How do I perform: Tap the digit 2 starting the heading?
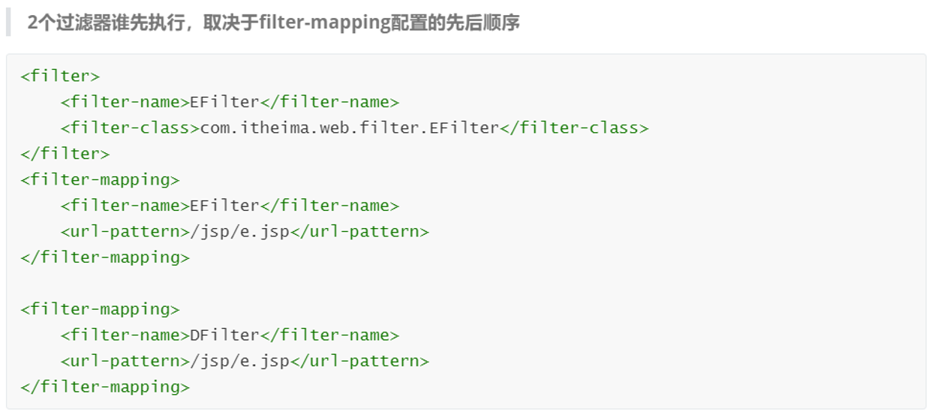pos(32,23)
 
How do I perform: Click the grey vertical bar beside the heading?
pos(8,23)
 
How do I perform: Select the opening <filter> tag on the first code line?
pos(60,76)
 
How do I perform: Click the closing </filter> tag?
pos(65,154)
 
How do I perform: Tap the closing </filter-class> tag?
pos(574,128)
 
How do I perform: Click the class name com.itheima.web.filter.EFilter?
pos(349,128)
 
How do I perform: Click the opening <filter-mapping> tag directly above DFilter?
pos(100,309)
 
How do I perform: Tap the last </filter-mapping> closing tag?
pos(105,387)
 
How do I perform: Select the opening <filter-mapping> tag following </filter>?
pos(100,180)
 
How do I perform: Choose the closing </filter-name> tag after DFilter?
pos(329,335)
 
